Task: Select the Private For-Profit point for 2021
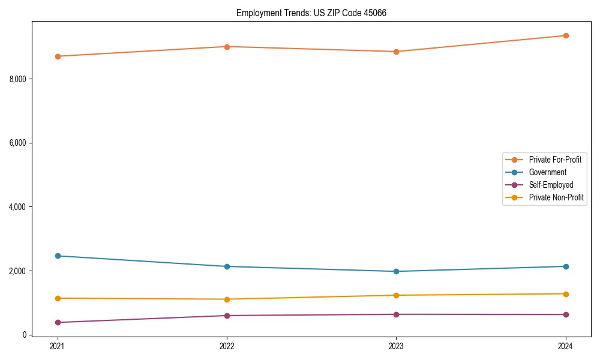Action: (x=58, y=56)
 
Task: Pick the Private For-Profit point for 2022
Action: (x=227, y=47)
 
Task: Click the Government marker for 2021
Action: (x=58, y=256)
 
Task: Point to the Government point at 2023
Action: (x=396, y=271)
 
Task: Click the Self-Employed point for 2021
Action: (x=58, y=322)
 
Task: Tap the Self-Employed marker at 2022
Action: (x=227, y=316)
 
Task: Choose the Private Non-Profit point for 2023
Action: (x=396, y=295)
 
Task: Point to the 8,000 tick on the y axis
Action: (x=19, y=79)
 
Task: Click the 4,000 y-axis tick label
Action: (x=19, y=207)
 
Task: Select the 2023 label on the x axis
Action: (x=396, y=346)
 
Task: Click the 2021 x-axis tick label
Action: (x=58, y=346)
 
